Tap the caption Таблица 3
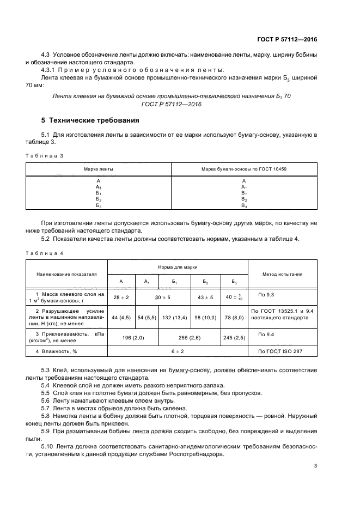tap(45, 156)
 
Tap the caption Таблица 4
tap(45, 253)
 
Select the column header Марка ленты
tap(99, 169)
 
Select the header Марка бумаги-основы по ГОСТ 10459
tap(243, 169)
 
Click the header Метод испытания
tap(282, 275)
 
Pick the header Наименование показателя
tap(66, 275)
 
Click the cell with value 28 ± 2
tap(121, 297)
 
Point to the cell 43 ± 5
tap(205, 297)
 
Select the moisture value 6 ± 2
tap(178, 351)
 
